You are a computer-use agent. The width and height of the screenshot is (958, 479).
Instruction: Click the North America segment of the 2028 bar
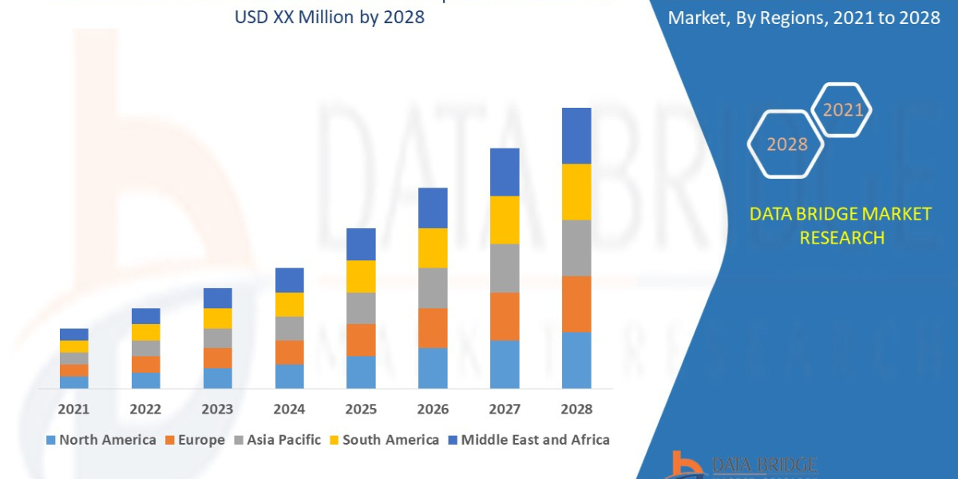576,360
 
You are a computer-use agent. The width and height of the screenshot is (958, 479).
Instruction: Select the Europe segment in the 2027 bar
505,316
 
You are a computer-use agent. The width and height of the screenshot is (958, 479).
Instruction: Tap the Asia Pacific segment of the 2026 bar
433,287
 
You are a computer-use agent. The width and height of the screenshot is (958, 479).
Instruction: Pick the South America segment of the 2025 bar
361,276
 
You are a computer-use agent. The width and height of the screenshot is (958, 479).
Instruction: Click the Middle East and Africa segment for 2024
290,280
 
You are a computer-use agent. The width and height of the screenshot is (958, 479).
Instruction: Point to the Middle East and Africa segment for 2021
74,335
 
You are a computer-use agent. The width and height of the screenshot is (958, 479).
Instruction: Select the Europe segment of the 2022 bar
146,364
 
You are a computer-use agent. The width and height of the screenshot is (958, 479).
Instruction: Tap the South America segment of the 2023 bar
218,319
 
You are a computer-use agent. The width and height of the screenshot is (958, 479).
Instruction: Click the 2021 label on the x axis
74,409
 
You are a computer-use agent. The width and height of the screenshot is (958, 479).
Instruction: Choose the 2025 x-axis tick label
361,409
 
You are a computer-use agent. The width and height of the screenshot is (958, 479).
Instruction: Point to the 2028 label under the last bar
576,409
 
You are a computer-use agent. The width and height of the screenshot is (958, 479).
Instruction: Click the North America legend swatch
52,440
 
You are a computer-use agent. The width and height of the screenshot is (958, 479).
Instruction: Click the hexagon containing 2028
787,144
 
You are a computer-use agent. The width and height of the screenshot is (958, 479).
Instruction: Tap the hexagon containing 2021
842,110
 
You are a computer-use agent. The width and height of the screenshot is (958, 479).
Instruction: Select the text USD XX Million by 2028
330,17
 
